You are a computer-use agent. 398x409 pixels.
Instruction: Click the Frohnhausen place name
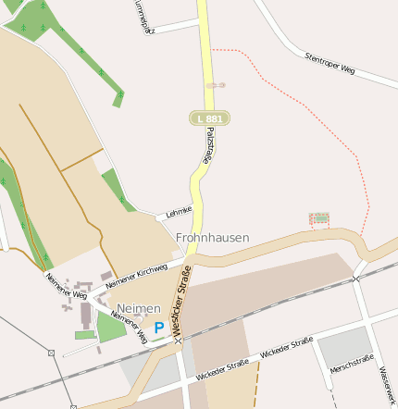(x=212, y=238)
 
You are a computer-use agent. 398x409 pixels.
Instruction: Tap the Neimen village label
(x=139, y=308)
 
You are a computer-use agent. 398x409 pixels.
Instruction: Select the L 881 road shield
(x=208, y=118)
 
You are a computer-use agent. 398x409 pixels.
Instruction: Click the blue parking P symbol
(x=159, y=328)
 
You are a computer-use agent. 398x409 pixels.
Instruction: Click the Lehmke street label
(x=178, y=212)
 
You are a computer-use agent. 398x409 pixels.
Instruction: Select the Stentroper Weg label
(x=330, y=63)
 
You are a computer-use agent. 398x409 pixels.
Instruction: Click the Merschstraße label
(x=351, y=364)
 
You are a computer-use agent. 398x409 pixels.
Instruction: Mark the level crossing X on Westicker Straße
(x=178, y=341)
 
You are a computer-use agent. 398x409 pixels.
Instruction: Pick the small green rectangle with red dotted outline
(x=318, y=218)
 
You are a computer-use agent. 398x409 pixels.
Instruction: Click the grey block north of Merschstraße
(x=345, y=344)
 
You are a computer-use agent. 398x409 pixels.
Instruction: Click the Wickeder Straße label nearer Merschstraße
(x=286, y=349)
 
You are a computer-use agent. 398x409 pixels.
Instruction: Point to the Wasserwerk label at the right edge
(x=387, y=380)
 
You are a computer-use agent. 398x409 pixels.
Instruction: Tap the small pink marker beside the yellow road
(x=216, y=85)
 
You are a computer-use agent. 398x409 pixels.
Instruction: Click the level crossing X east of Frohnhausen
(x=355, y=276)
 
